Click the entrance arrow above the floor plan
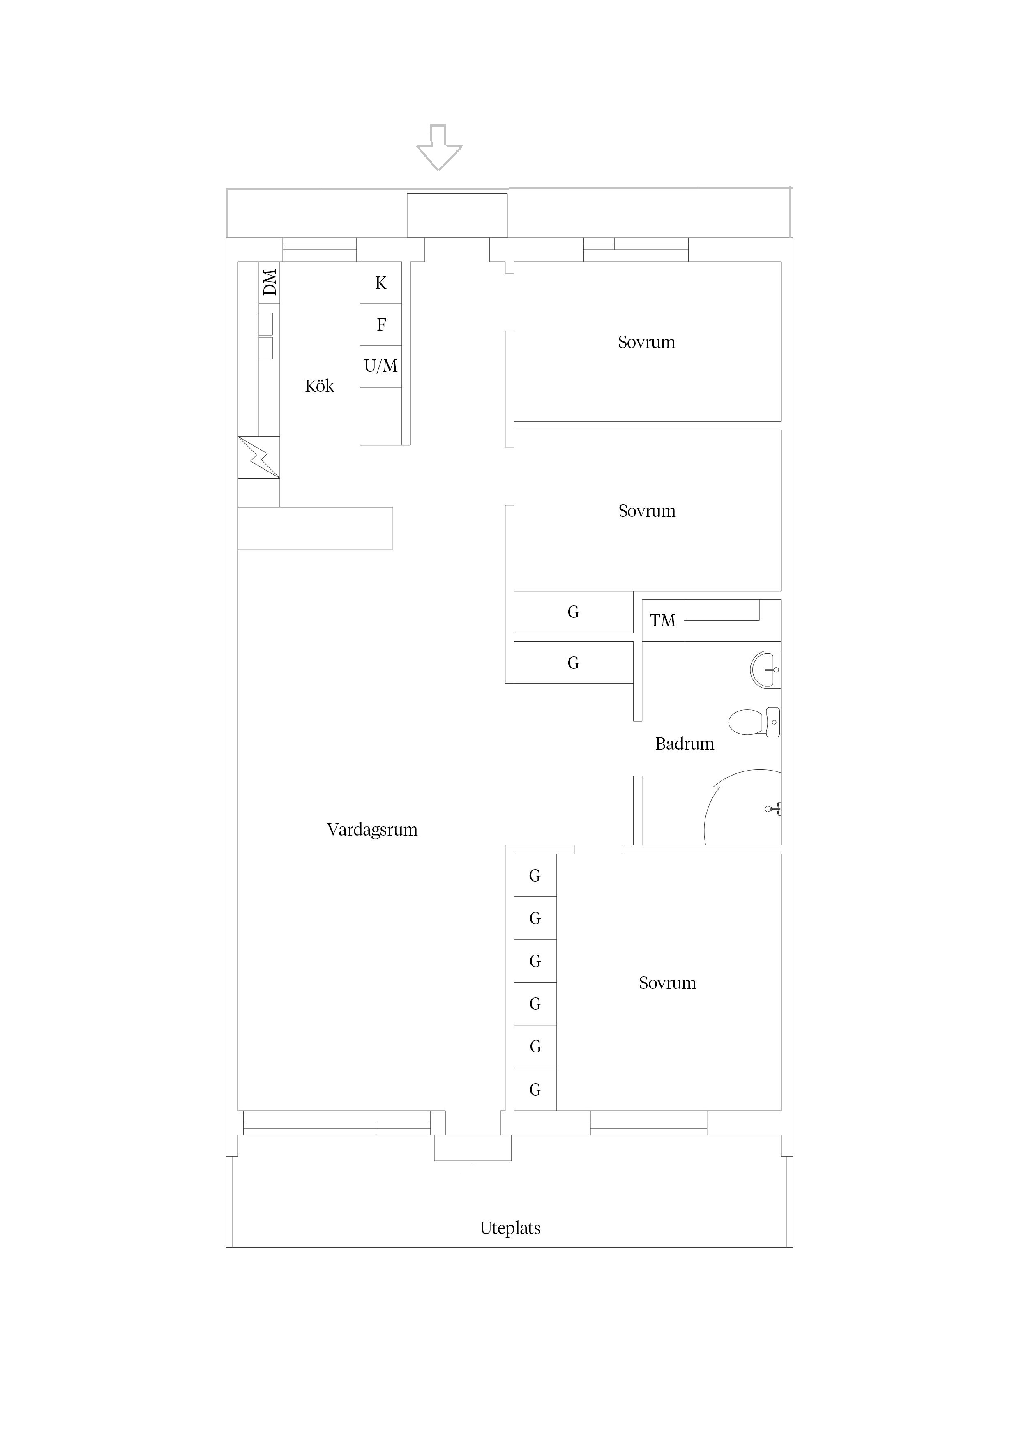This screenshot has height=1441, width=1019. point(440,147)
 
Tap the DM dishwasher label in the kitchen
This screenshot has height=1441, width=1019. point(270,283)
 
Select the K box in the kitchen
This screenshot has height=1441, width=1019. point(380,283)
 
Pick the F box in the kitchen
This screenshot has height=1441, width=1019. point(380,325)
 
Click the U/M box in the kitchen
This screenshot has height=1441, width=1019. point(380,366)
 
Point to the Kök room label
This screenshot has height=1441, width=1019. point(320,386)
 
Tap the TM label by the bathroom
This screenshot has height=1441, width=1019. point(662,621)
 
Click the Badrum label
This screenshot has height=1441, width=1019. point(685,744)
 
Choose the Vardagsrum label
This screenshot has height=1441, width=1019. point(372,830)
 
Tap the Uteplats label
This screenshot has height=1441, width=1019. point(510,1228)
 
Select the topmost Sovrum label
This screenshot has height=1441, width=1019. point(647,342)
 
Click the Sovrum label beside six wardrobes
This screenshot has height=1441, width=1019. point(667,983)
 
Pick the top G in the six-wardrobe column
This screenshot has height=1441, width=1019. point(535,875)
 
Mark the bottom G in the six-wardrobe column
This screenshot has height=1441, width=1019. point(535,1090)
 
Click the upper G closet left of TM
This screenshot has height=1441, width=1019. point(573,612)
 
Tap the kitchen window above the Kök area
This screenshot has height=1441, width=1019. point(320,250)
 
